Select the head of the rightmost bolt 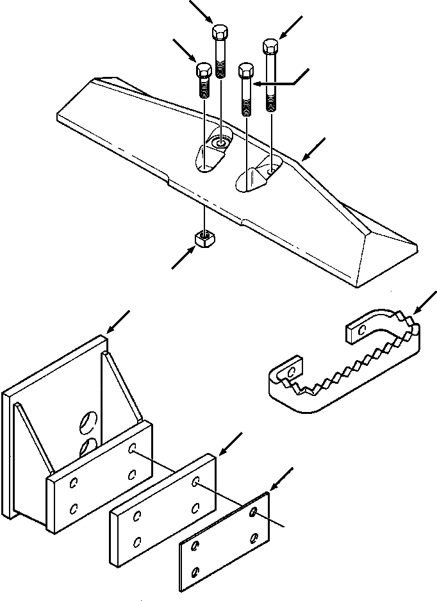[270, 47]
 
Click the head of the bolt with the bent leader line [245, 70]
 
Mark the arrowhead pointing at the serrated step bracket [417, 311]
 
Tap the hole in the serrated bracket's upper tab [361, 330]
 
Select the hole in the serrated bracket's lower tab [292, 371]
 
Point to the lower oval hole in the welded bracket [88, 447]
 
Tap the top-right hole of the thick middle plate [197, 481]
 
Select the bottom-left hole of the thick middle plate [136, 542]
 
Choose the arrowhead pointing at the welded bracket [110, 331]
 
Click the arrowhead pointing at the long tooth [306, 156]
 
